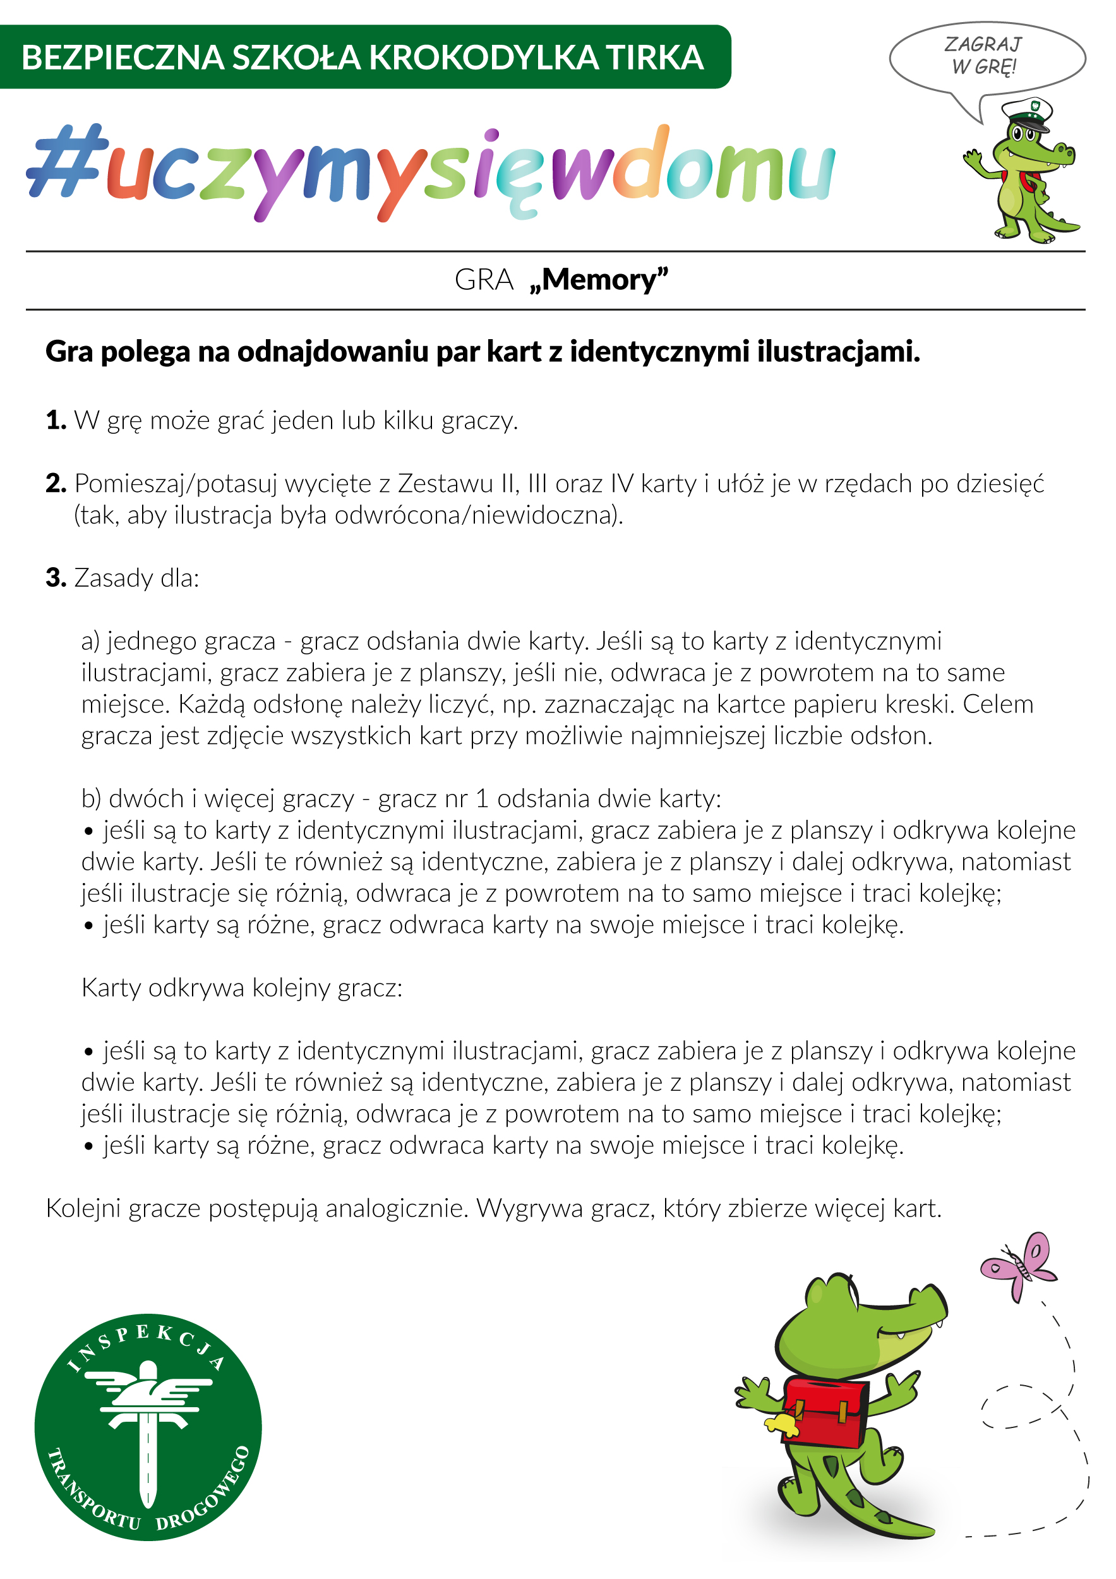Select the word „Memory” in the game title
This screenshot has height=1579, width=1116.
coord(598,280)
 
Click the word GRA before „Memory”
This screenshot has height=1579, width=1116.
coord(484,280)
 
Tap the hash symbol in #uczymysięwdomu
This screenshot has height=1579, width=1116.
coord(67,162)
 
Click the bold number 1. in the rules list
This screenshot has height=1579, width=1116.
coord(56,420)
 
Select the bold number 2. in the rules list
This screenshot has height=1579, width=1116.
coord(56,483)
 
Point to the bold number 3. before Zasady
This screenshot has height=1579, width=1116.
coord(56,578)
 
